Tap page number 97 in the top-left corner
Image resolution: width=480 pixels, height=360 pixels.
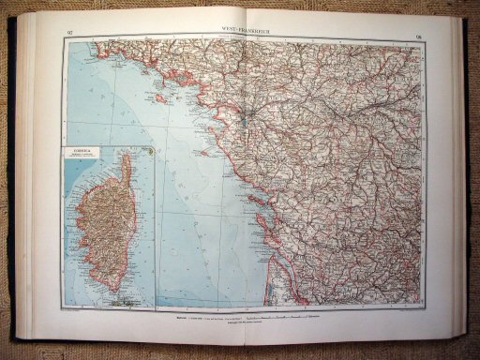tap(72, 36)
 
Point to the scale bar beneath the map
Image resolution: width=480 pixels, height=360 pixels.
tap(281, 321)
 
